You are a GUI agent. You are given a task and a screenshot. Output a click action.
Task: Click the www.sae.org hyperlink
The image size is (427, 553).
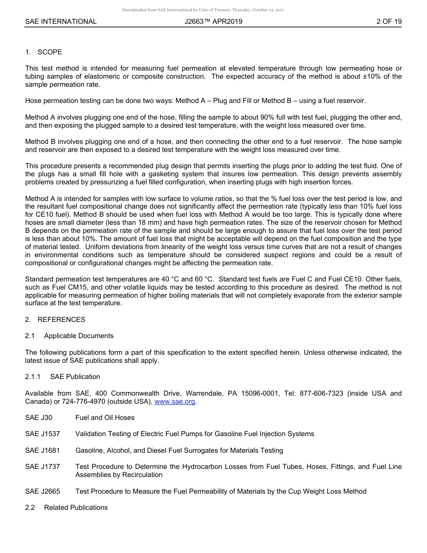coord(175,401)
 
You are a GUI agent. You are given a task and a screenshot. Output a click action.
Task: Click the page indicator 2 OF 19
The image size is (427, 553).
coord(389,22)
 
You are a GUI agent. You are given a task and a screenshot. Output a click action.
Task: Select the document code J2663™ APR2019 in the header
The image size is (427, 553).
coord(213,22)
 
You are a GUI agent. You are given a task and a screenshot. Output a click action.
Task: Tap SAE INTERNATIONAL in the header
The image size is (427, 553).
coord(61,22)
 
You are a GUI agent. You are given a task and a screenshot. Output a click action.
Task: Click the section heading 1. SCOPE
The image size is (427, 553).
coord(44,52)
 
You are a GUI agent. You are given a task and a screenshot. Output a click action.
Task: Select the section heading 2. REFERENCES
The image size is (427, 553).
coord(55,320)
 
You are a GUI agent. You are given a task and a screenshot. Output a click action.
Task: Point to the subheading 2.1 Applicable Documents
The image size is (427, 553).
coord(69,336)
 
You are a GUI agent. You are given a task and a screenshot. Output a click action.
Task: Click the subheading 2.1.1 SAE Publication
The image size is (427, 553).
coord(62,377)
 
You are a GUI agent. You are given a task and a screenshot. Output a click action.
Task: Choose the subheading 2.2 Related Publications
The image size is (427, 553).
coord(67,508)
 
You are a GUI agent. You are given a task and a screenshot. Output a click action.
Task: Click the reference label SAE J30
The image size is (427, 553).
coord(39,418)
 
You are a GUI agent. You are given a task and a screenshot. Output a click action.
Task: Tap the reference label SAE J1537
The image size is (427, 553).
coord(42,434)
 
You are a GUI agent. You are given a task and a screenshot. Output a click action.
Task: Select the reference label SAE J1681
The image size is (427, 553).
coord(42,450)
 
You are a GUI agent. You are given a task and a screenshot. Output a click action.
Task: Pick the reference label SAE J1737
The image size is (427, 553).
coord(42,467)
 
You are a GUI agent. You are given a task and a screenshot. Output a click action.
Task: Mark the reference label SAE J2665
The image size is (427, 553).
coord(42,491)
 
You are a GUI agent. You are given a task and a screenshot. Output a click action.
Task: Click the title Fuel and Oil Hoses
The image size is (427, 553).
coord(105,418)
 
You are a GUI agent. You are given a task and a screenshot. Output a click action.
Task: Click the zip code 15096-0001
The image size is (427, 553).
coord(260,393)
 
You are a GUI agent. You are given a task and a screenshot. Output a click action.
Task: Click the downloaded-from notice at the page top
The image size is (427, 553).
coord(203,10)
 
